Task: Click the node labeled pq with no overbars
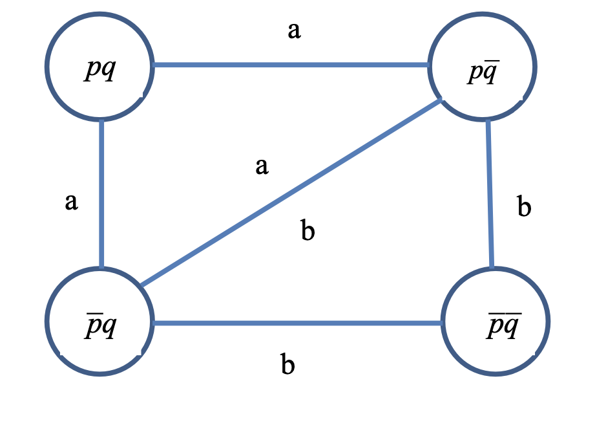pos(99,67)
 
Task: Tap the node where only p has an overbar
pos(99,321)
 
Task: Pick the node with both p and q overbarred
pos(496,321)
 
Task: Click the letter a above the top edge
pos(294,30)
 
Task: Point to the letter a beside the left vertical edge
pos(71,203)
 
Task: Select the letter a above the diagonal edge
pos(262,166)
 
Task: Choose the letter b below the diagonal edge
pos(308,230)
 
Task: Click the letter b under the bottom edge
pos(288,365)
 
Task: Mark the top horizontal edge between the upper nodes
pos(291,65)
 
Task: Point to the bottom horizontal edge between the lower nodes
pos(297,322)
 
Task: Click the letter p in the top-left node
pos(92,69)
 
